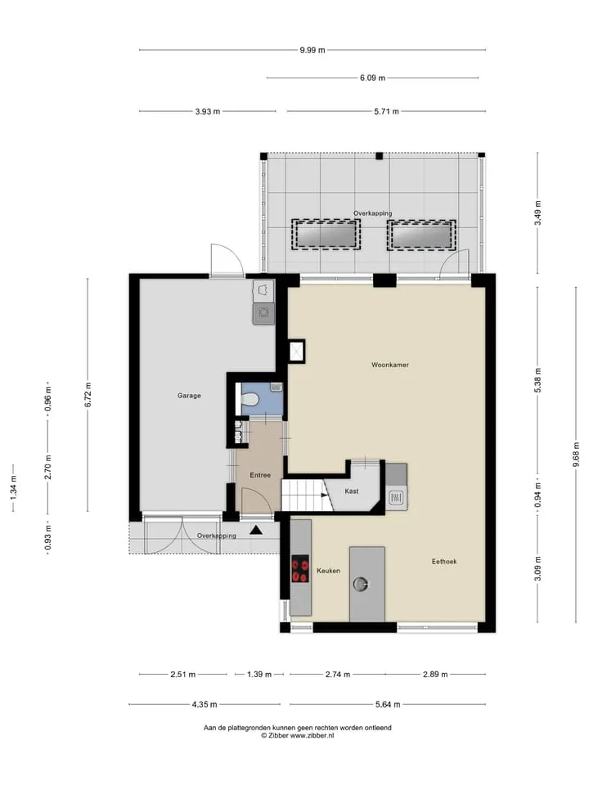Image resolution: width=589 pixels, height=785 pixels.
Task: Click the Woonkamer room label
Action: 389,365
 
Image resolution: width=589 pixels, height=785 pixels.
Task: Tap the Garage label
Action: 189,396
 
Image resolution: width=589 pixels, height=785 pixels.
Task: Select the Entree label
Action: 260,475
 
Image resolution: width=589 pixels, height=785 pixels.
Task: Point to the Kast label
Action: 352,491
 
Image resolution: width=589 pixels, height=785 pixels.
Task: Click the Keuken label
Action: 328,571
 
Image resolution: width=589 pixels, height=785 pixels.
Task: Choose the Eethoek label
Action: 444,562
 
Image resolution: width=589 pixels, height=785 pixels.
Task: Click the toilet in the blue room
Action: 250,399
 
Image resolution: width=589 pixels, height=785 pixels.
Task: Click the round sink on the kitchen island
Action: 361,584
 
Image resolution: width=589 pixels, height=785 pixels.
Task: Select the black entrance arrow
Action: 256,530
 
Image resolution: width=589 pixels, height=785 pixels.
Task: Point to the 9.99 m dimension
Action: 312,50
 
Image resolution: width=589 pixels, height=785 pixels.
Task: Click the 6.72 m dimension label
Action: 88,395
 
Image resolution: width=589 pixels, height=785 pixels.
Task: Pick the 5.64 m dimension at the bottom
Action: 388,704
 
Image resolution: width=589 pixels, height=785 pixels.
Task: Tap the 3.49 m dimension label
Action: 538,213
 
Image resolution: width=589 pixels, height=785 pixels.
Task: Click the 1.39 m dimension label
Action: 259,675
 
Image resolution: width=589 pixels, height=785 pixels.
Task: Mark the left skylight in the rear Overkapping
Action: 326,235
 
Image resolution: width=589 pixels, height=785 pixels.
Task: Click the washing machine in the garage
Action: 264,313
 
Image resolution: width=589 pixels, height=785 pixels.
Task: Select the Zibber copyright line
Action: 298,735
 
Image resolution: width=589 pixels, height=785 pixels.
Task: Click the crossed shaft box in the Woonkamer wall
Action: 297,351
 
